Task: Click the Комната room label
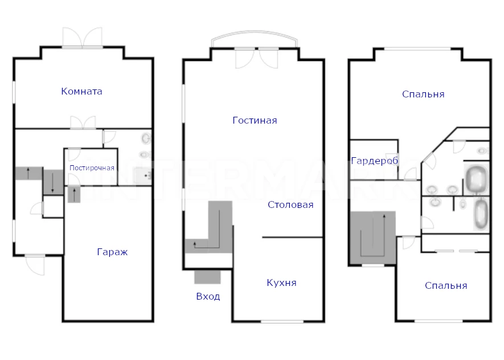pyautogui.click(x=81, y=91)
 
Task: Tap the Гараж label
pyautogui.click(x=112, y=252)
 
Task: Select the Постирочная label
pyautogui.click(x=92, y=168)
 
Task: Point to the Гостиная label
pyautogui.click(x=255, y=120)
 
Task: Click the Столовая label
pyautogui.click(x=290, y=204)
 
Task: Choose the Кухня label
pyautogui.click(x=281, y=283)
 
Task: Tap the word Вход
pyautogui.click(x=208, y=296)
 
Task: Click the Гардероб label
pyautogui.click(x=375, y=161)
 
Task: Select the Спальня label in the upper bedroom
pyautogui.click(x=423, y=94)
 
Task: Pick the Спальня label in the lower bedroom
pyautogui.click(x=446, y=285)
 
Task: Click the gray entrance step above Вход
pyautogui.click(x=207, y=277)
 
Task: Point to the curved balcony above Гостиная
pyautogui.click(x=254, y=33)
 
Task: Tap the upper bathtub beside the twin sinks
pyautogui.click(x=476, y=179)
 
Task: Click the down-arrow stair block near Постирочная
pyautogui.click(x=53, y=182)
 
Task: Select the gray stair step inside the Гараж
pyautogui.click(x=74, y=194)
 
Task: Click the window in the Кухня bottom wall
pyautogui.click(x=282, y=321)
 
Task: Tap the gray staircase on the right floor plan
pyautogui.click(x=373, y=238)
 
